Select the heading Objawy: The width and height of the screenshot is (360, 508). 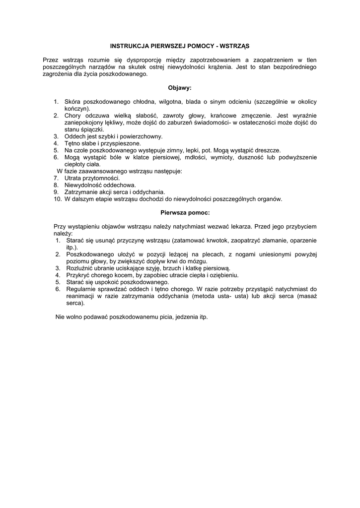(179, 88)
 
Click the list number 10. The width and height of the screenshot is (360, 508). (58, 199)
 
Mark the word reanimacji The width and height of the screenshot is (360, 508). (81, 296)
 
